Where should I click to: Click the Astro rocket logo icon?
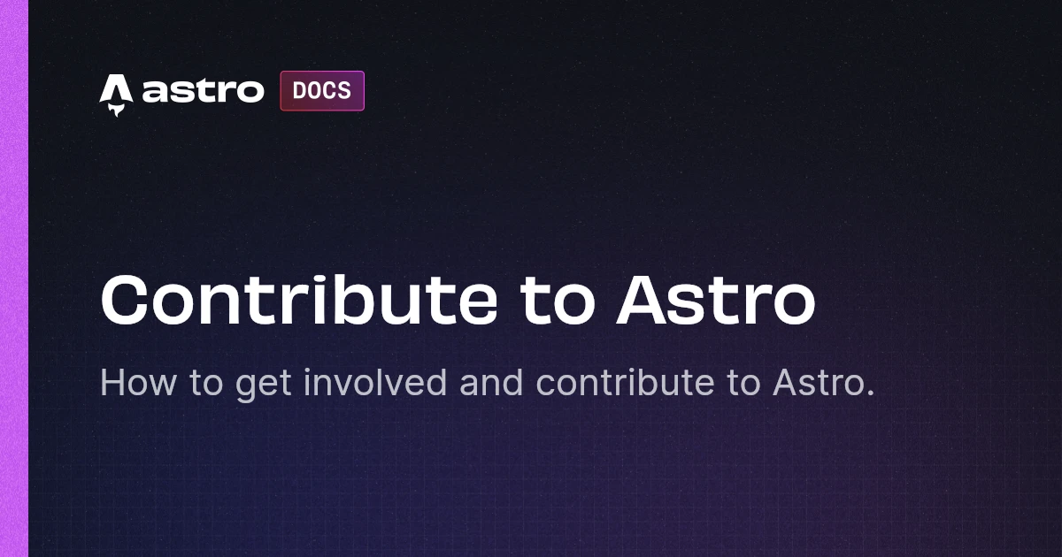click(116, 95)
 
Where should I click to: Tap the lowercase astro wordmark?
click(203, 90)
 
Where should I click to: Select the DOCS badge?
click(322, 91)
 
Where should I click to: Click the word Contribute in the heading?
click(299, 301)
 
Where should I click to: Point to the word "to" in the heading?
click(557, 303)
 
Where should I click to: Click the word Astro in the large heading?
click(716, 301)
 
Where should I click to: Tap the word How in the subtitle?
click(138, 383)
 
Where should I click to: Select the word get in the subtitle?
click(263, 385)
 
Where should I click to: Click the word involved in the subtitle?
click(375, 382)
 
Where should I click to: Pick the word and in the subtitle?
click(491, 382)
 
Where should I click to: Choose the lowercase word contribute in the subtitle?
click(625, 382)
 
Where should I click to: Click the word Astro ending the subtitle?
click(819, 383)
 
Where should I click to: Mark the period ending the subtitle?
click(870, 392)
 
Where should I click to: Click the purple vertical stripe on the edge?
click(14, 278)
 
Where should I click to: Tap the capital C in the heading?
click(123, 301)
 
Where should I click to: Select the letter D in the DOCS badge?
click(300, 90)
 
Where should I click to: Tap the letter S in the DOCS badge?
click(344, 90)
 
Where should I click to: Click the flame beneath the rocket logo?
click(116, 111)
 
